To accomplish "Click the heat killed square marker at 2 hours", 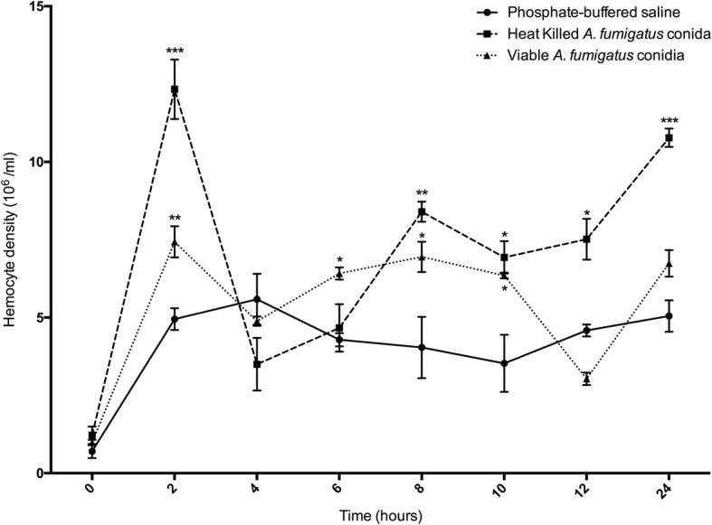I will pos(175,89).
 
